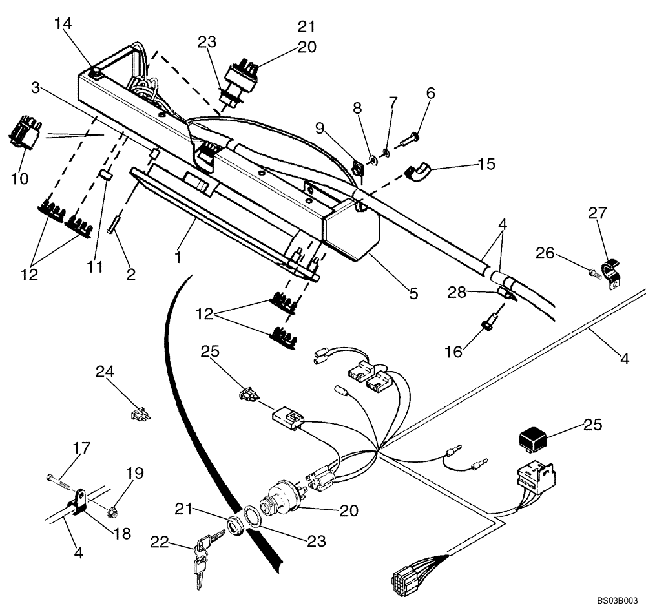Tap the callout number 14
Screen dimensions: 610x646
[x=63, y=25]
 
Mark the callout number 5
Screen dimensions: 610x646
[x=413, y=294]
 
